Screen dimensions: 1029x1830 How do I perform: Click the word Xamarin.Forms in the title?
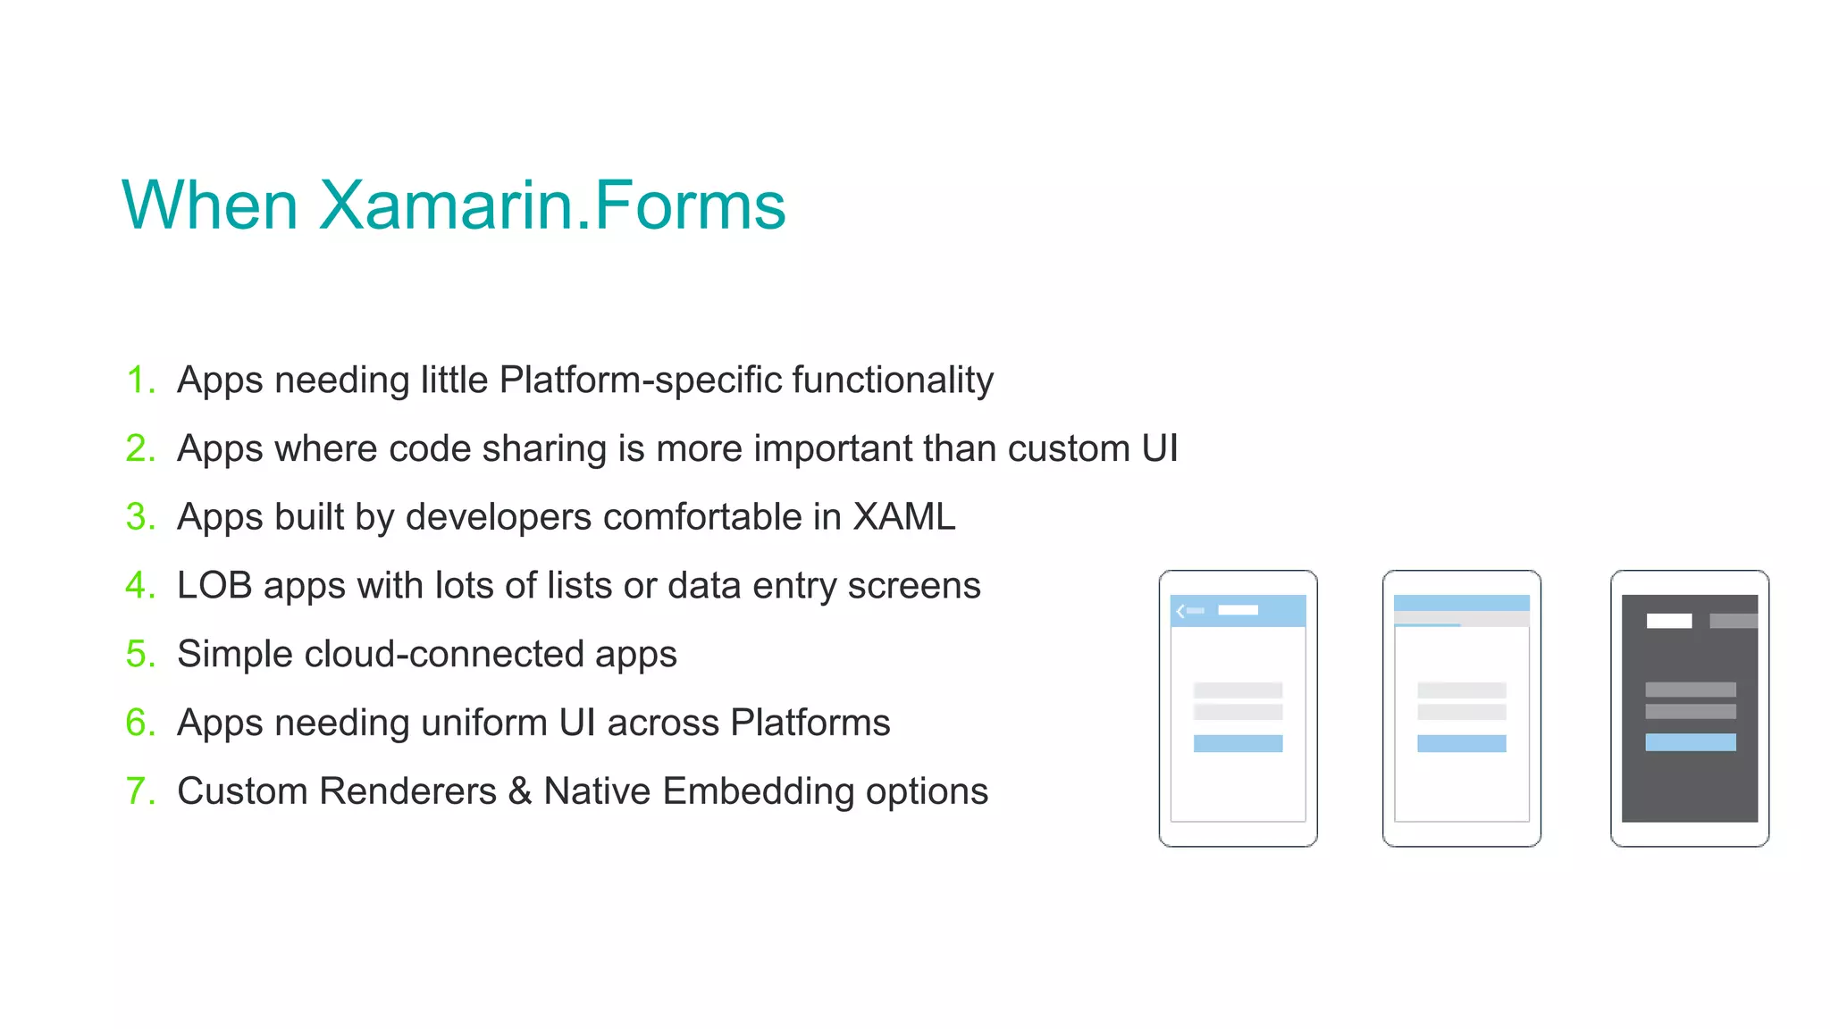[x=551, y=205]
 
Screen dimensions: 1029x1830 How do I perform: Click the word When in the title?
[x=210, y=205]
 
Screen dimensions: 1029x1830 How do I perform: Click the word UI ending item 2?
[x=1159, y=448]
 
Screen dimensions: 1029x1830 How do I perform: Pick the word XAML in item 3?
[x=903, y=516]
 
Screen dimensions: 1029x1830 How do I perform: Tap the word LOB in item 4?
[x=214, y=585]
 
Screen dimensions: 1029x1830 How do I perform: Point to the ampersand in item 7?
[x=520, y=791]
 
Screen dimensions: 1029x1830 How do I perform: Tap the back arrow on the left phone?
[x=1180, y=611]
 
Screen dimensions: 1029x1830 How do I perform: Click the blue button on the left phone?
[x=1238, y=743]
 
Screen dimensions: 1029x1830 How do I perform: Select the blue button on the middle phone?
[x=1461, y=743]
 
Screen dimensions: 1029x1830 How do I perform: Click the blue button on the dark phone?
[x=1690, y=742]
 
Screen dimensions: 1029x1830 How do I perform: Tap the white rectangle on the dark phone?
[x=1668, y=621]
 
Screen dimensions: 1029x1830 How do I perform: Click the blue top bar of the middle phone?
[x=1461, y=603]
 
